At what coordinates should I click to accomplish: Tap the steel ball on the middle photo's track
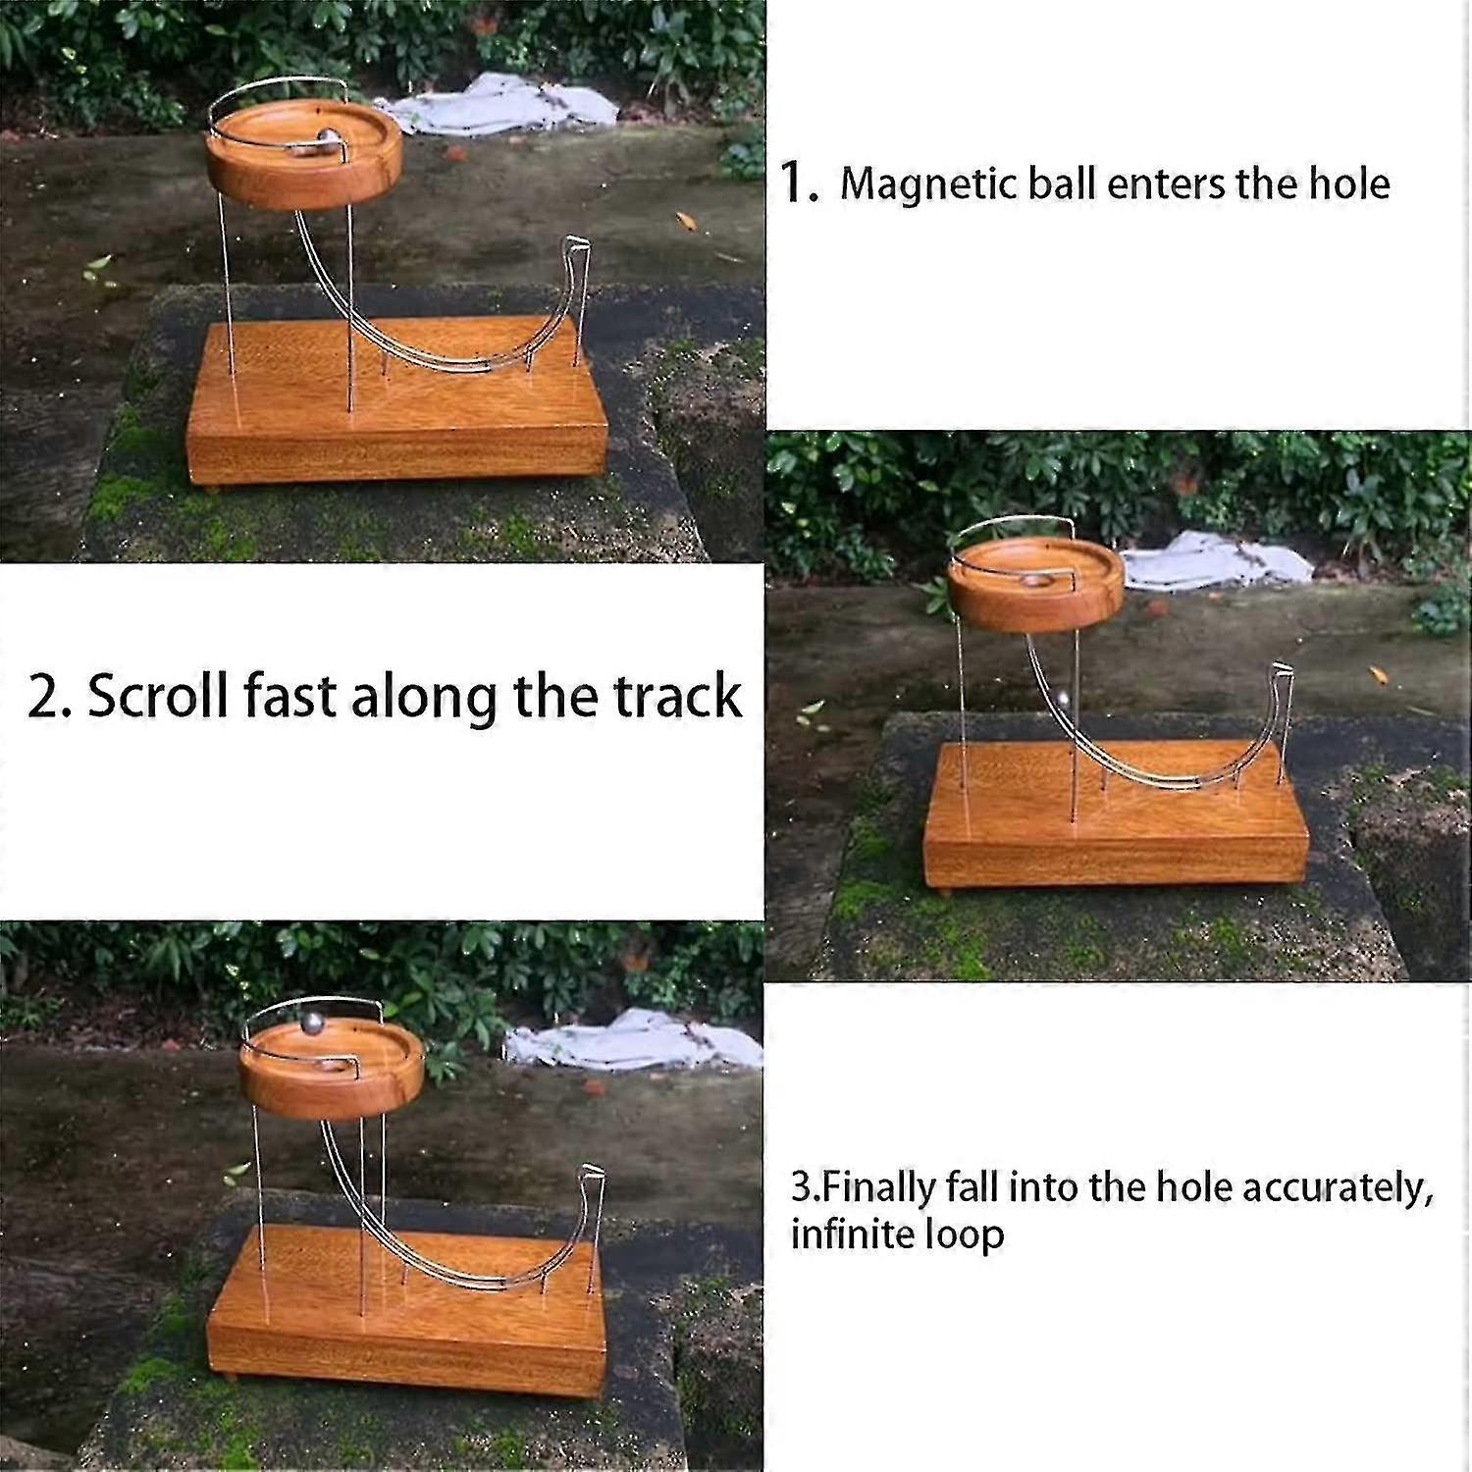(1063, 700)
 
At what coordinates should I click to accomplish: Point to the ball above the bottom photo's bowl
(311, 1023)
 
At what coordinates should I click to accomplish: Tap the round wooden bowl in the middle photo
(1035, 589)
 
